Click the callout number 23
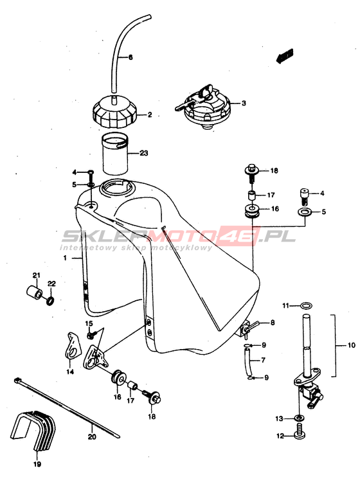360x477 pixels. click(143, 153)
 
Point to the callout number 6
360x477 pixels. click(130, 57)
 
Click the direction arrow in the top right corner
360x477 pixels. click(285, 56)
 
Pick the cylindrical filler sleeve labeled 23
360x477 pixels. click(114, 154)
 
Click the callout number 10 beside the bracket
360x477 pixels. click(351, 345)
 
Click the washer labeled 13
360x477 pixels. click(298, 418)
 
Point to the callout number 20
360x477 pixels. click(92, 437)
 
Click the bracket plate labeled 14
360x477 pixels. click(74, 346)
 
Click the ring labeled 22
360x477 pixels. click(51, 301)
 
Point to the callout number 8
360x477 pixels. click(273, 322)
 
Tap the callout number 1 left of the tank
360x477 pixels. click(65, 258)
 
